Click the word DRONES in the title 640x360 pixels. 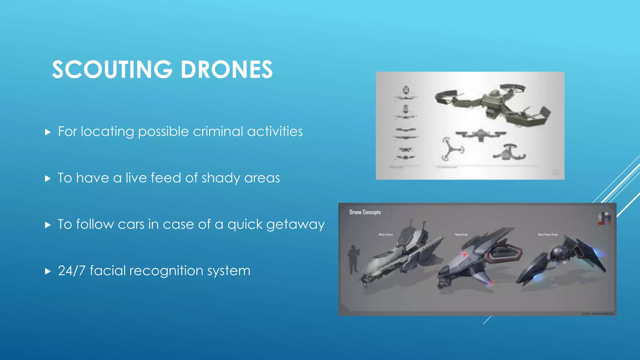point(227,69)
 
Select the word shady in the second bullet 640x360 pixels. point(221,178)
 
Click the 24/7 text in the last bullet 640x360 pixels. point(72,271)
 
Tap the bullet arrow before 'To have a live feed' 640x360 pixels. point(48,179)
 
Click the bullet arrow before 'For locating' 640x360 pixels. point(48,132)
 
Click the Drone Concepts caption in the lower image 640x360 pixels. point(365,212)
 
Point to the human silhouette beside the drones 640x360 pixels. point(353,259)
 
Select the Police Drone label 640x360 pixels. point(461,234)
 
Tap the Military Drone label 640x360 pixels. point(386,234)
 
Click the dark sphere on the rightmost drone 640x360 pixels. point(557,254)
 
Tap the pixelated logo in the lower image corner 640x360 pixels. point(604,218)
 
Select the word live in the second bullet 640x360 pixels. point(136,178)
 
